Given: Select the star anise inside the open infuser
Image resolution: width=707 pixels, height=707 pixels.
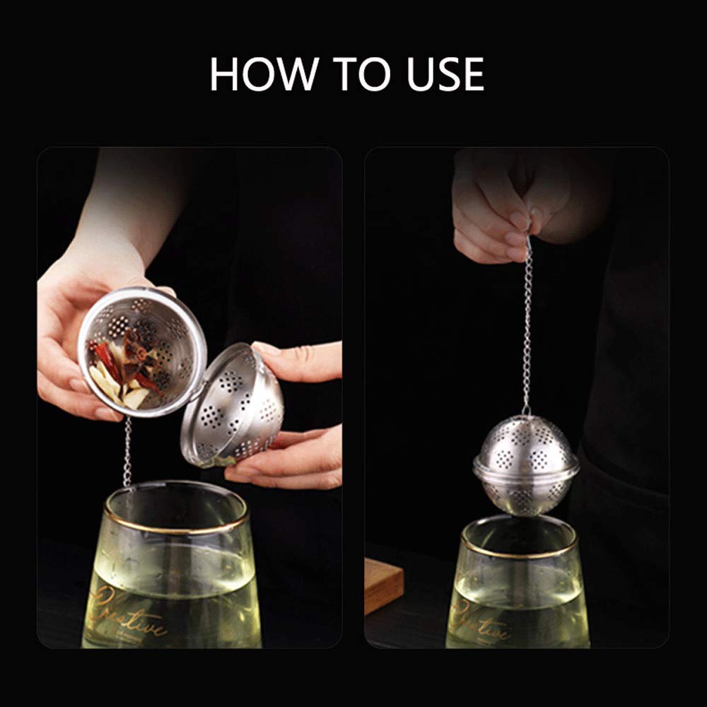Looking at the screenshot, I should (x=139, y=353).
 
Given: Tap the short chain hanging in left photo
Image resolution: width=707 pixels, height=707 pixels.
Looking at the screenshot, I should (x=127, y=452).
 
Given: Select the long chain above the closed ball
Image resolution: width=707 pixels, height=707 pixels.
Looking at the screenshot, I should (x=527, y=325).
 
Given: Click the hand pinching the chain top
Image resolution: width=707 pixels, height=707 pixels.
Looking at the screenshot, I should (x=495, y=212).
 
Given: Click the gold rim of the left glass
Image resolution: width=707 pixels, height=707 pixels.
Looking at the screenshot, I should (x=177, y=523).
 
